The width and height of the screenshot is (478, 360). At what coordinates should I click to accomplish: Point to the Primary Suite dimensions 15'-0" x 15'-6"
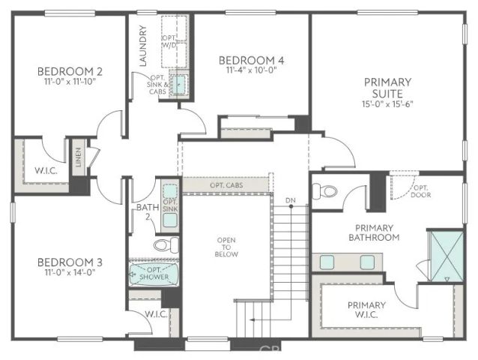387,103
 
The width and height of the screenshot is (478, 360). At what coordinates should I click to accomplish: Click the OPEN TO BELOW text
227,247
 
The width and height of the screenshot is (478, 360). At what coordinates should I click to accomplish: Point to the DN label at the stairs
290,200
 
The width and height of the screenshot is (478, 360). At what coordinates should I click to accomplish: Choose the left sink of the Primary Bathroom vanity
328,262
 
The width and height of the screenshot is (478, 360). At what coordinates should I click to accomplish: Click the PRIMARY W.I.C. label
366,310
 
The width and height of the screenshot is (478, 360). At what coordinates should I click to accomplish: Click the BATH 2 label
147,212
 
